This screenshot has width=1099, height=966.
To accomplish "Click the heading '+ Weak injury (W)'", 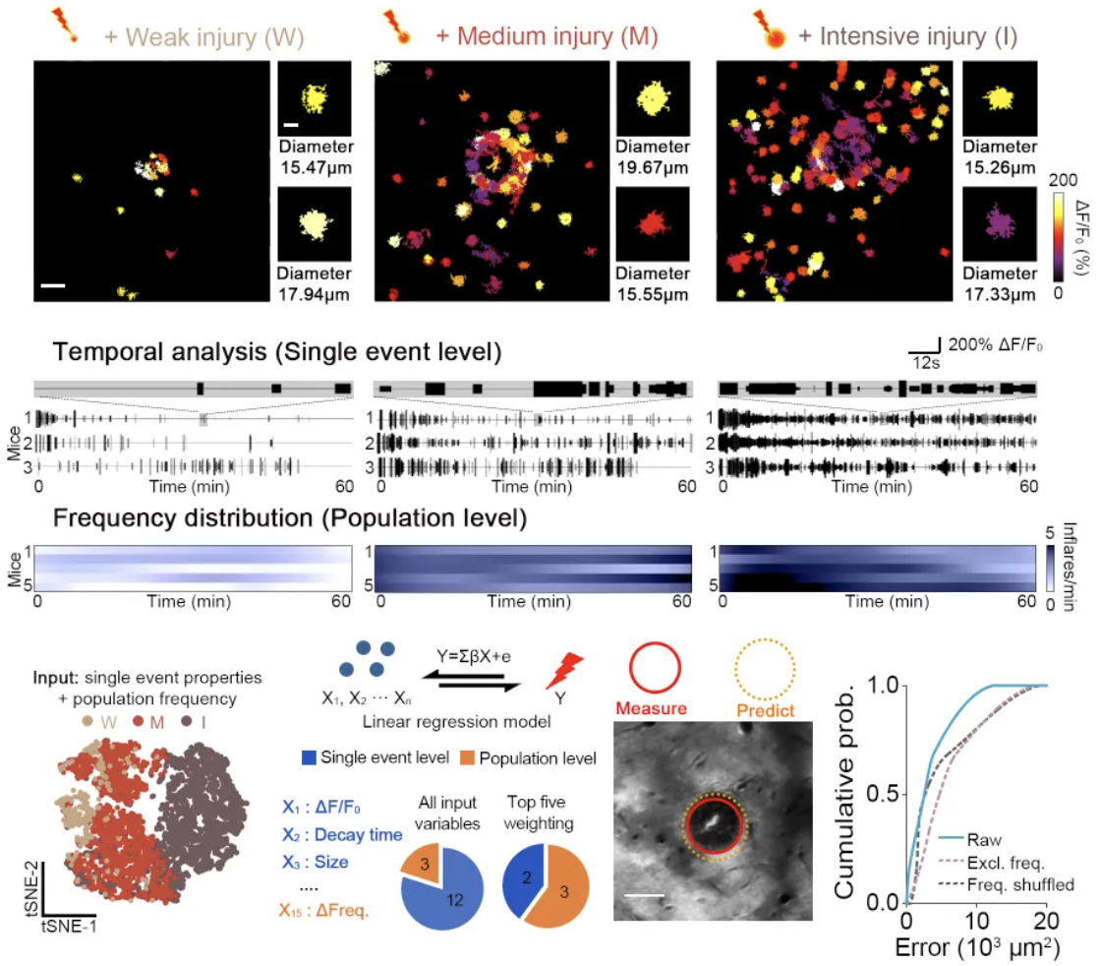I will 202,36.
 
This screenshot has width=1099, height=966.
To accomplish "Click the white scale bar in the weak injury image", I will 54,285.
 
